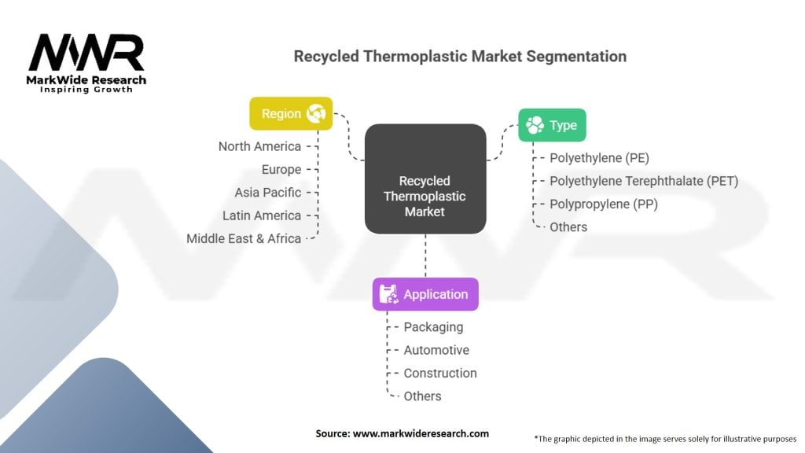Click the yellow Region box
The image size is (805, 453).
[291, 113]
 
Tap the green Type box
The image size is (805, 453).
[552, 125]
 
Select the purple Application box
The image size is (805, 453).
[425, 294]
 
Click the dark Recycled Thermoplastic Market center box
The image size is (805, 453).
[425, 179]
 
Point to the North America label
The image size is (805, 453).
[259, 146]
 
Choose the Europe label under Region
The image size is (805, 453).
[281, 170]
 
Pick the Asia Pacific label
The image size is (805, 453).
[268, 193]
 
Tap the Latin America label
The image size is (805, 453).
[262, 215]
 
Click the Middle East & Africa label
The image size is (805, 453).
[244, 239]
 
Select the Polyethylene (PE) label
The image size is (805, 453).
[600, 158]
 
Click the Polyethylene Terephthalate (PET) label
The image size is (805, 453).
[644, 182]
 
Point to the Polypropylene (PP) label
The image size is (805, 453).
[604, 204]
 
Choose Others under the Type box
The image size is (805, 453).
[568, 227]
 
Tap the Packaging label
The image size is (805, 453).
[433, 327]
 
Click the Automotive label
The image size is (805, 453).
[436, 350]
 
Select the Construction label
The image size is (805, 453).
[440, 374]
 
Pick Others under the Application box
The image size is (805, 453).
[422, 396]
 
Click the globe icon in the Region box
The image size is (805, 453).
[316, 113]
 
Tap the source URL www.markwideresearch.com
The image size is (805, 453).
[421, 433]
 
